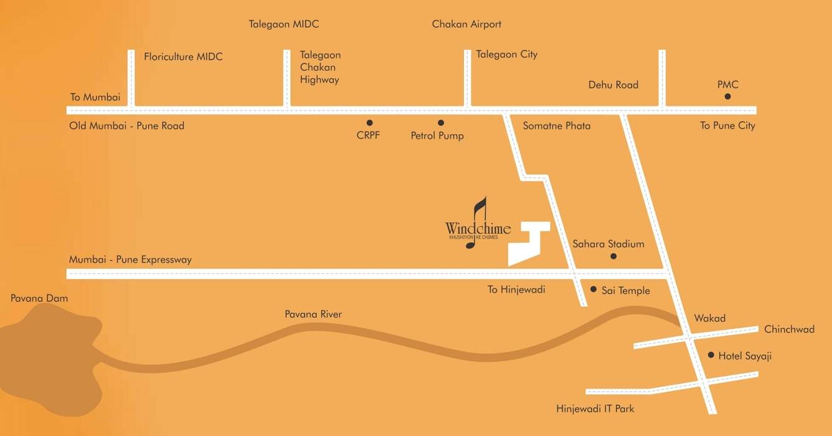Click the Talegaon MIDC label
284,24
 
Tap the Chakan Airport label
466,24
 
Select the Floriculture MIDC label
183,57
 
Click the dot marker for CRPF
369,123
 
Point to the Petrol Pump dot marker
441,123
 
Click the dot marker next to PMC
727,97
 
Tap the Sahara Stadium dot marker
613,256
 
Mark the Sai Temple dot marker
593,289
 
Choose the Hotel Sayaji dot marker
711,355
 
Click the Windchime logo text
478,229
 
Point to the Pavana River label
313,315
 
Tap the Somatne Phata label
557,126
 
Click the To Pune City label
727,126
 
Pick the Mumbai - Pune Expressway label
130,260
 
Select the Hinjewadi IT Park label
595,409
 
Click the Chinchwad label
789,329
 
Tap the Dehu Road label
613,85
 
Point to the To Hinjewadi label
516,290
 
